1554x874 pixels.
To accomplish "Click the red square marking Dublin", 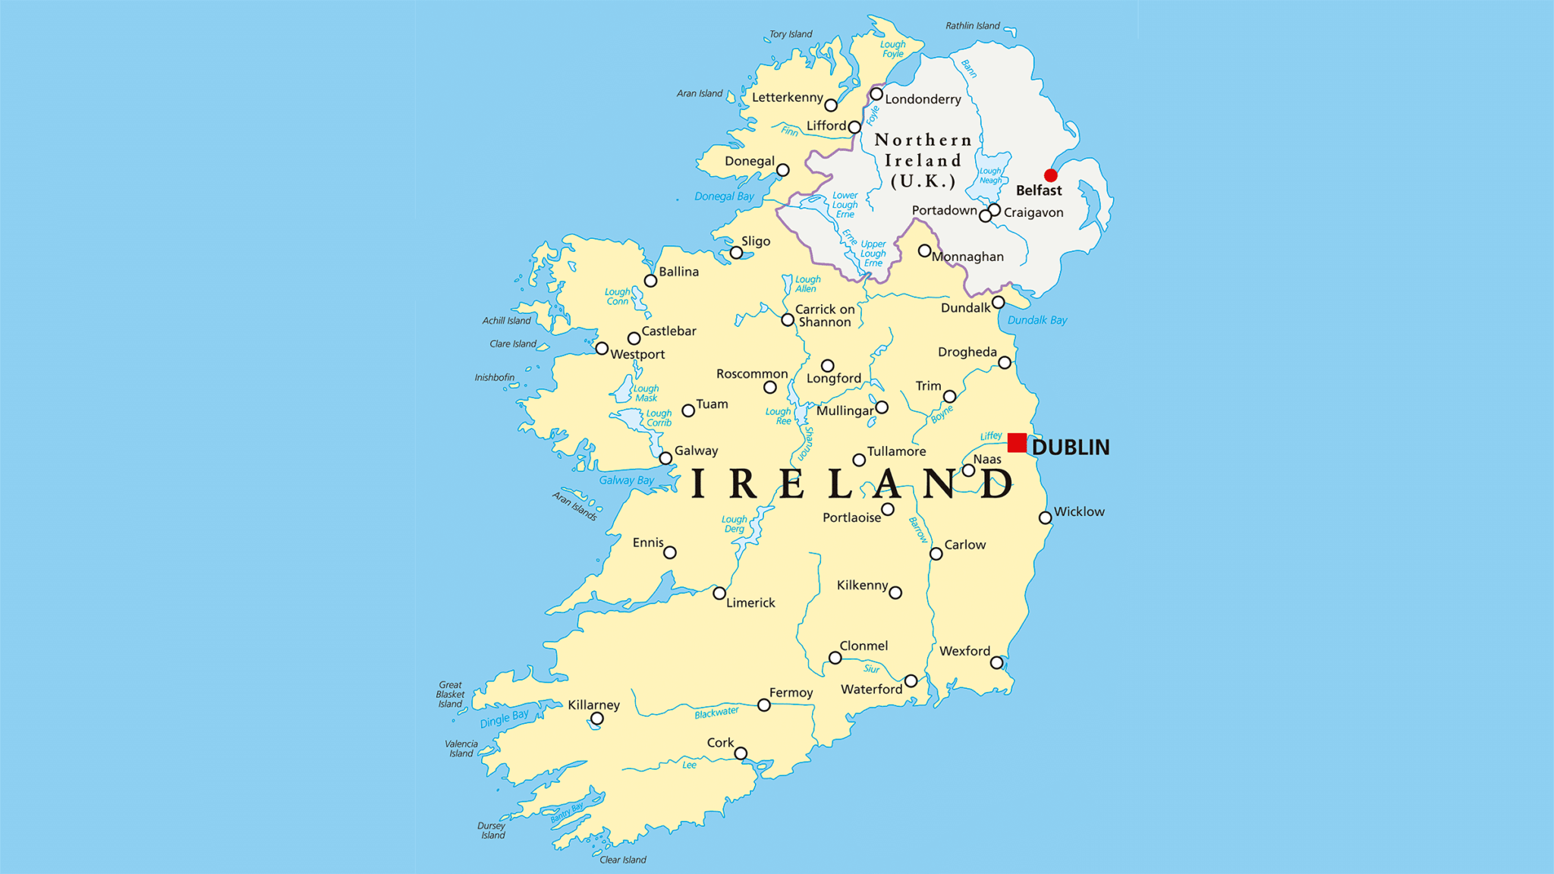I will [1017, 442].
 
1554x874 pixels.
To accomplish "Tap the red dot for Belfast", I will [1050, 175].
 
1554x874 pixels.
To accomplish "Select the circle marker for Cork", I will [741, 753].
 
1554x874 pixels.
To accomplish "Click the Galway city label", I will [696, 451].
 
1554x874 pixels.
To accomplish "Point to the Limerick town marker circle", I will [719, 593].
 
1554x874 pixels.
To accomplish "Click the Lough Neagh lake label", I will [990, 176].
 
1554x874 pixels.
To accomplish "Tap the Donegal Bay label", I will [724, 196].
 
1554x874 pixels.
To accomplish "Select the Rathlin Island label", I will [972, 26].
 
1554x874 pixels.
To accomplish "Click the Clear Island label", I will [622, 860].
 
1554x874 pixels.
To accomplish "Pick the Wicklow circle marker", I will [1045, 518].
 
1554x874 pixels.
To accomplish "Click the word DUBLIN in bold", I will [1070, 448].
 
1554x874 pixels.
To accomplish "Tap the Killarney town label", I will [593, 705].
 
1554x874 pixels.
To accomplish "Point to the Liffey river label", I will [990, 436].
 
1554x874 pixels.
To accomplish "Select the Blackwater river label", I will [716, 712].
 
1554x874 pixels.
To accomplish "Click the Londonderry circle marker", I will [876, 94].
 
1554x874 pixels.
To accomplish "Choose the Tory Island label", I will [791, 34].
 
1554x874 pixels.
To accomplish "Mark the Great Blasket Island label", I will [450, 694].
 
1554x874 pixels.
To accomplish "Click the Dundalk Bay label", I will [1037, 320].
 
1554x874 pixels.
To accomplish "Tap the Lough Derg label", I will [734, 524].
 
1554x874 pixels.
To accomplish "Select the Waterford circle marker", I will [911, 681].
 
